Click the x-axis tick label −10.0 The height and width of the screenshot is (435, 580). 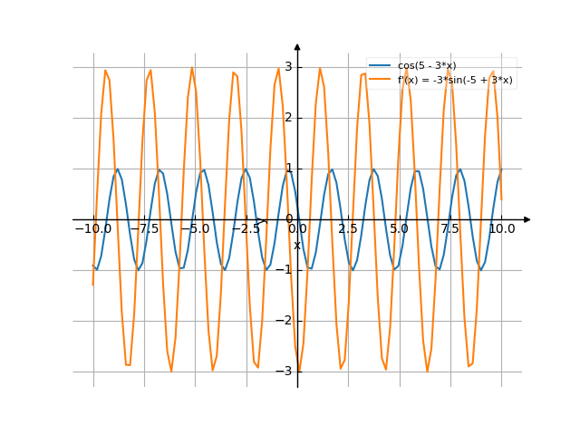click(92, 229)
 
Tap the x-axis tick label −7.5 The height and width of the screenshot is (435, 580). click(143, 229)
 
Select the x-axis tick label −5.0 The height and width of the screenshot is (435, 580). click(194, 229)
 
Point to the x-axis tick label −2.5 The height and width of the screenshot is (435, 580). click(246, 229)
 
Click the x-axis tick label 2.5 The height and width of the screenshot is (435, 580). click(348, 229)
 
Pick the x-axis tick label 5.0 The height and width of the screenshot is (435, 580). click(399, 229)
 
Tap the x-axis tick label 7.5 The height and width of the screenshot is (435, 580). click(450, 229)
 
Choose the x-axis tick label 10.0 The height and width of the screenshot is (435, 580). click(501, 229)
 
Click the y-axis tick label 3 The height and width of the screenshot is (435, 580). click(288, 67)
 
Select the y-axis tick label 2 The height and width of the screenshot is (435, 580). click(288, 118)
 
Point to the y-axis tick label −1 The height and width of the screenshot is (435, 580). click(286, 270)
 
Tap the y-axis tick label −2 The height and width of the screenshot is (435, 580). click(286, 321)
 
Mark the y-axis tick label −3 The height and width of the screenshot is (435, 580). click(286, 372)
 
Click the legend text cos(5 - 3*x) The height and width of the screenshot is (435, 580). click(427, 66)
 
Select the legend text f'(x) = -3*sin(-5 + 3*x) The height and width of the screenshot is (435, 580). click(455, 80)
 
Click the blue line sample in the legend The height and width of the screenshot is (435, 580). click(380, 66)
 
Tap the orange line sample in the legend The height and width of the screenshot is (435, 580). click(380, 80)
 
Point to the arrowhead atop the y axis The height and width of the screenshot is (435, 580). click(297, 46)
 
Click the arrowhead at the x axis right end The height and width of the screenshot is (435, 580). click(527, 219)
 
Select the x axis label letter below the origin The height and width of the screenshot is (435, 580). click(296, 245)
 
